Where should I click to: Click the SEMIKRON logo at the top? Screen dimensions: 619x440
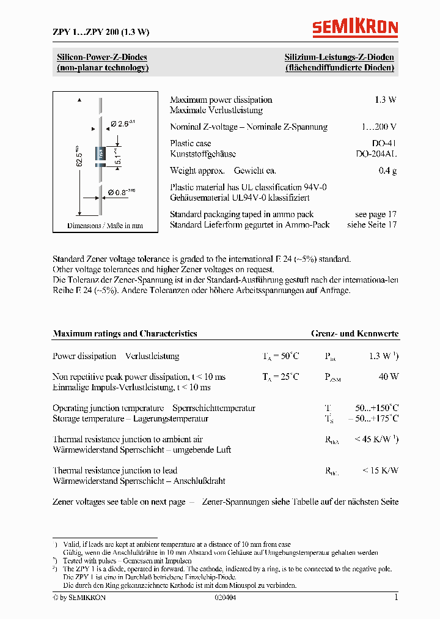[x=355, y=28]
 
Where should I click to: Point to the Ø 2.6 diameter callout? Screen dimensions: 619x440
[x=122, y=124]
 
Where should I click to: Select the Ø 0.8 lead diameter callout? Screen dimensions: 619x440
[x=122, y=192]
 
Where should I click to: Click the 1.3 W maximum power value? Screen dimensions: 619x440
[x=385, y=100]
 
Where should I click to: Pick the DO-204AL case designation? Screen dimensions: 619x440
[x=376, y=154]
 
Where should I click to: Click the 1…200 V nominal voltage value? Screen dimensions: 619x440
[x=378, y=127]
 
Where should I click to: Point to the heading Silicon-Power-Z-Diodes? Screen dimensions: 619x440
[x=102, y=57]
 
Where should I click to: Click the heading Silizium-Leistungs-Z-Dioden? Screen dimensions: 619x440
[x=339, y=57]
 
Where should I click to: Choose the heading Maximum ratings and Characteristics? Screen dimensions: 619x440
[x=125, y=333]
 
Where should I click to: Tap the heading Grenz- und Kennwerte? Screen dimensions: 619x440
[x=354, y=333]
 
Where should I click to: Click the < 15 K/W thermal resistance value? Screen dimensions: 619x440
[x=380, y=470]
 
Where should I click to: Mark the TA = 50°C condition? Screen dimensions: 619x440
[x=281, y=356]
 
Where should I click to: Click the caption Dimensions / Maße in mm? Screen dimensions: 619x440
[x=105, y=226]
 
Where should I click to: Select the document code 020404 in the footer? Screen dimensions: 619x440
[x=225, y=598]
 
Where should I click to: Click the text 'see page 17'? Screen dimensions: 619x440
[x=375, y=214]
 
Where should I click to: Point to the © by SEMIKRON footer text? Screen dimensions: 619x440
[x=79, y=598]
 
